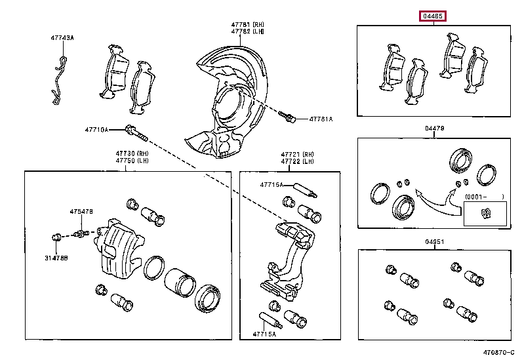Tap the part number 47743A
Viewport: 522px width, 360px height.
pos(62,38)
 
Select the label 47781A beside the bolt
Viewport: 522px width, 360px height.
pos(321,119)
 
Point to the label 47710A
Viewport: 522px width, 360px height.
pos(96,129)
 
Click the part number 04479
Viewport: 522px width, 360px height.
pos(434,129)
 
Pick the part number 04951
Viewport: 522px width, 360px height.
pos(434,241)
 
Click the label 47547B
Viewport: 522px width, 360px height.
pos(82,211)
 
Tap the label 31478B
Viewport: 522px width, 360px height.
pos(56,258)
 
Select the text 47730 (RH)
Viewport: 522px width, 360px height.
pos(130,153)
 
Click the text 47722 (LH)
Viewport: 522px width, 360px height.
pos(297,161)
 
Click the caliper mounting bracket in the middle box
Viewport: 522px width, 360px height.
pos(289,262)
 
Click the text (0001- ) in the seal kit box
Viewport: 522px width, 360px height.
pos(484,197)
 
